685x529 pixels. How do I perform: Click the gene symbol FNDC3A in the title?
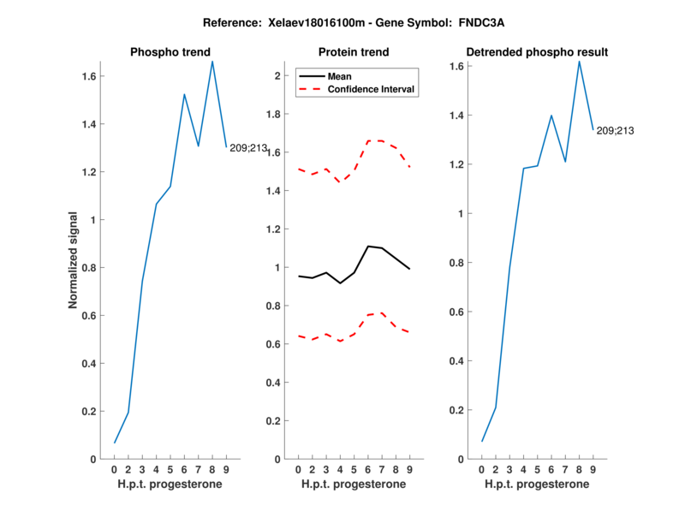(x=463, y=23)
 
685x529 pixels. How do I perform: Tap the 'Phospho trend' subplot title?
(x=170, y=52)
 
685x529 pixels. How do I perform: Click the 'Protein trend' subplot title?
(x=353, y=52)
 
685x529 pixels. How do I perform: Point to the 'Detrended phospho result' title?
(x=535, y=52)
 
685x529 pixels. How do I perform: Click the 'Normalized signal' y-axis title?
(x=75, y=260)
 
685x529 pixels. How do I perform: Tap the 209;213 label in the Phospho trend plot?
(x=248, y=148)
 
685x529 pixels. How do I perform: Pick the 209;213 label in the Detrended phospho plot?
(x=615, y=131)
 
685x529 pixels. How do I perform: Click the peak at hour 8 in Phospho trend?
(x=212, y=61)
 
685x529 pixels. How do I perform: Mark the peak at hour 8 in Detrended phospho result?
(x=579, y=61)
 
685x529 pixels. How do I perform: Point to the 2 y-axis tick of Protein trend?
(x=277, y=76)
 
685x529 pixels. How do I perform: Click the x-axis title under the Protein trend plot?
(x=353, y=484)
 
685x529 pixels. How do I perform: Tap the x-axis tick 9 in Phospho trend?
(x=226, y=470)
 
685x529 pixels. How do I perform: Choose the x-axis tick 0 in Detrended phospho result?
(x=481, y=470)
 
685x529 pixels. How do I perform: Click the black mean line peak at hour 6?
(x=368, y=247)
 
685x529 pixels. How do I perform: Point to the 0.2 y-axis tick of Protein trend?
(x=275, y=421)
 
